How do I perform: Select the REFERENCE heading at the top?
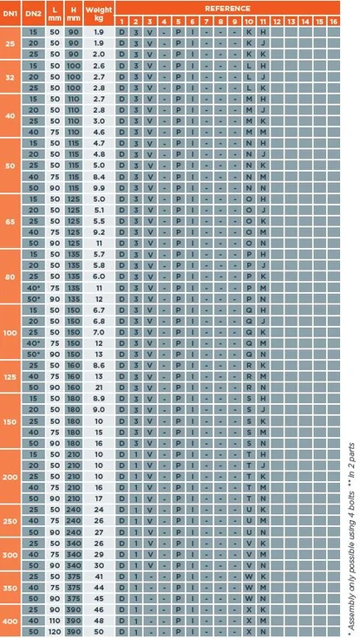227,7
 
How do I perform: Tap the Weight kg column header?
98,13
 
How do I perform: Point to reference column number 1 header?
121,20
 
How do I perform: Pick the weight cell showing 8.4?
98,176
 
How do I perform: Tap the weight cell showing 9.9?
98,187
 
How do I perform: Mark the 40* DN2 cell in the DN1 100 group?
35,343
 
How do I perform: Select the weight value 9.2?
98,231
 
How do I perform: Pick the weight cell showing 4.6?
98,132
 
